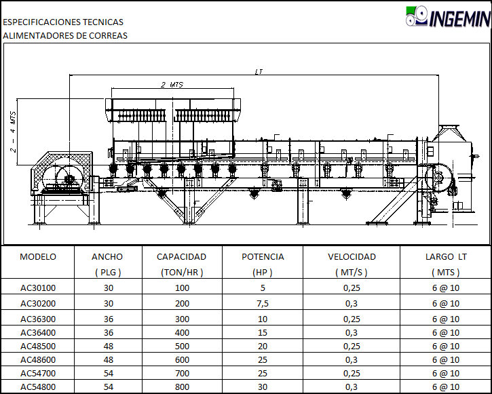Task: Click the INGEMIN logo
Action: coord(448,16)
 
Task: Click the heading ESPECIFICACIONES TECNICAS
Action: coord(63,22)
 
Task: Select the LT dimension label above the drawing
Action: coord(259,72)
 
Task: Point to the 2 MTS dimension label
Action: coord(172,85)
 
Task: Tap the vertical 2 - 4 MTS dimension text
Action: coord(13,132)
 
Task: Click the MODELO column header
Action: coord(38,257)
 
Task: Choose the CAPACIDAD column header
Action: coord(181,257)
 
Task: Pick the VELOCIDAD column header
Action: coord(352,257)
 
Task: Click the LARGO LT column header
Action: coord(446,257)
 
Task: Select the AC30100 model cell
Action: coord(38,288)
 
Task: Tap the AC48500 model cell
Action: coord(38,346)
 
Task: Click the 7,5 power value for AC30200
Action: coord(263,303)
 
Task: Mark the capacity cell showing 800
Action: coord(182,387)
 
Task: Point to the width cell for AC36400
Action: coord(109,332)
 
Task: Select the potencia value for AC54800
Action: coord(263,387)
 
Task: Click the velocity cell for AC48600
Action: coord(352,360)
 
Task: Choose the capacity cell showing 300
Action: coord(182,319)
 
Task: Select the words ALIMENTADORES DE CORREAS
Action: coord(65,36)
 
